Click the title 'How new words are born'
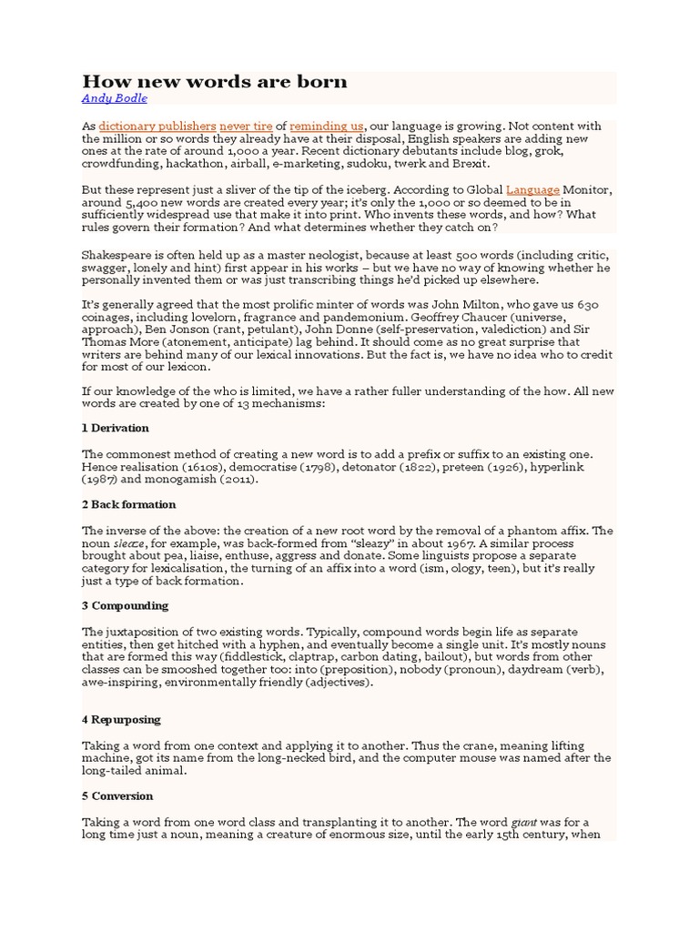[x=215, y=82]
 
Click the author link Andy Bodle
[x=114, y=98]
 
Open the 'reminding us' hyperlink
[x=327, y=126]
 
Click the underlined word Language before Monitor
[x=532, y=189]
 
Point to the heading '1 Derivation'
[x=116, y=428]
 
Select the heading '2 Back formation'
[x=129, y=504]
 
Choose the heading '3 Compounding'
[x=126, y=605]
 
